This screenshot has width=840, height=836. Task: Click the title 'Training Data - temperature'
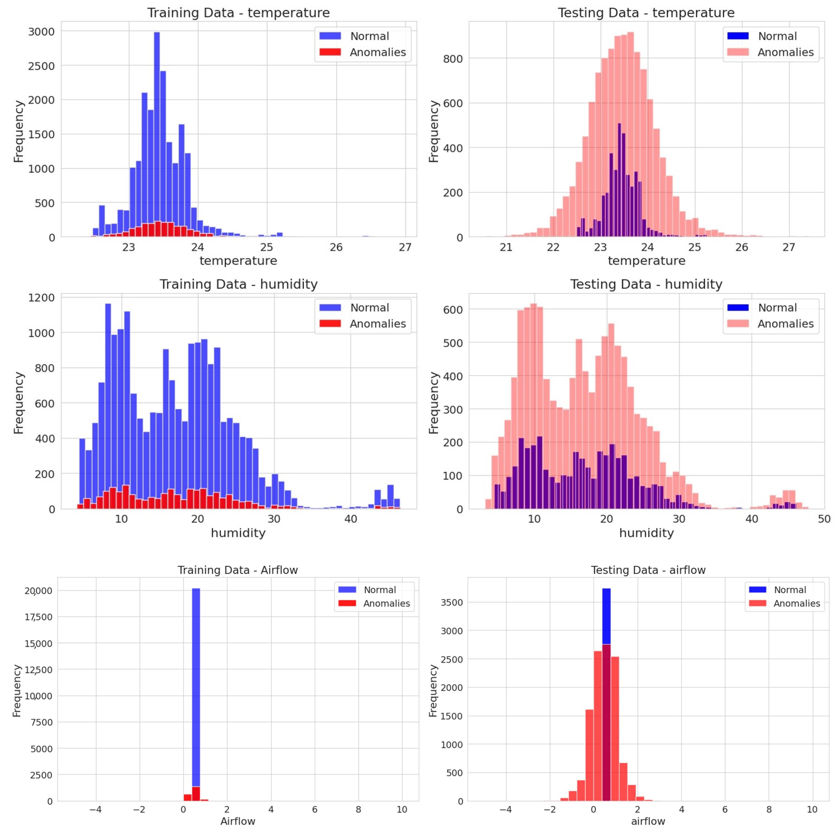(238, 13)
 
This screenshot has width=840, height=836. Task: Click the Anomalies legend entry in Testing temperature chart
(785, 52)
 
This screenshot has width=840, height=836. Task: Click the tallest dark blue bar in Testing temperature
(619, 174)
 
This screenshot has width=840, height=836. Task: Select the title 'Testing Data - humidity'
(646, 284)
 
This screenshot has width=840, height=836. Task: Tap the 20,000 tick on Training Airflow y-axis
(38, 591)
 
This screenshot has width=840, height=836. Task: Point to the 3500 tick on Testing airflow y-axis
(452, 602)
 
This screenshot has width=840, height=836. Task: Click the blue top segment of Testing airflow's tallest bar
(606, 622)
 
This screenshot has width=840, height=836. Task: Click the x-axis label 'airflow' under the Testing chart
(648, 821)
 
